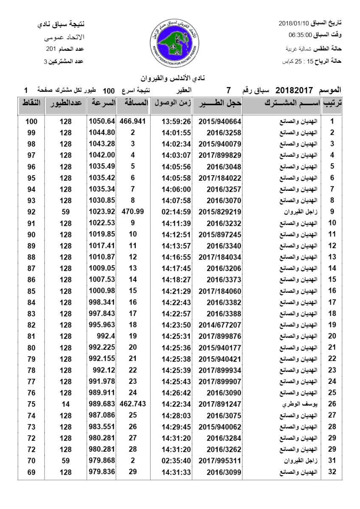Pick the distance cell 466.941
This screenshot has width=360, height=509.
point(133,121)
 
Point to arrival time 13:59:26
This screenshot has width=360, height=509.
point(176,121)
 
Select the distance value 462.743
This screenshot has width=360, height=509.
point(133,404)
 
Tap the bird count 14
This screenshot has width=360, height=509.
point(65,404)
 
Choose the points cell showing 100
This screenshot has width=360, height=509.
point(31,121)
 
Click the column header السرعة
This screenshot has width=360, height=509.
point(102,103)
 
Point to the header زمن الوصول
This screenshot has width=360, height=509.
point(172,103)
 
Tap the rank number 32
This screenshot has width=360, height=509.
point(332,472)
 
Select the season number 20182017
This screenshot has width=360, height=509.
point(294,90)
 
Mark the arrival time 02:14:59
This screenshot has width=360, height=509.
point(176,211)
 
